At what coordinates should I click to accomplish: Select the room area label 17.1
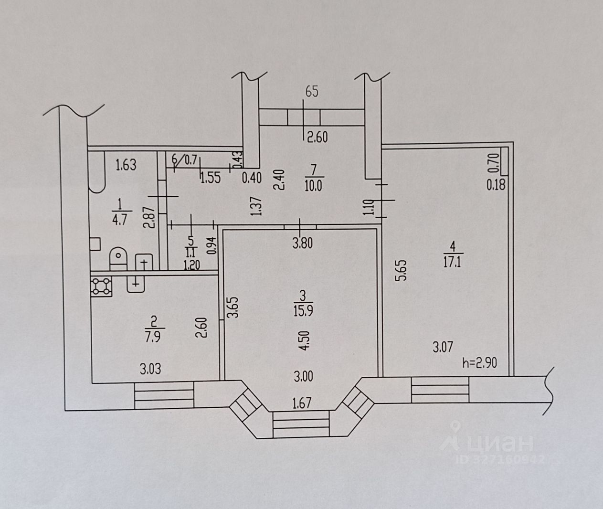click(452, 262)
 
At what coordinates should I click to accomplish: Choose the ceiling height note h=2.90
click(480, 363)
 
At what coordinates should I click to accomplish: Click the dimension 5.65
click(402, 270)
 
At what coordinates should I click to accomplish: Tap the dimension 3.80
click(302, 244)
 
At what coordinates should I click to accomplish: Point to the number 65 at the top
click(311, 91)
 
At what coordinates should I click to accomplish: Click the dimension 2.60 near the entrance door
click(317, 138)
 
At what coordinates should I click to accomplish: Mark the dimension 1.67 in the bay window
click(302, 403)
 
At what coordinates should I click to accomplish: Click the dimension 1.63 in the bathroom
click(126, 165)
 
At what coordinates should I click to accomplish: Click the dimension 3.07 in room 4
click(443, 347)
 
